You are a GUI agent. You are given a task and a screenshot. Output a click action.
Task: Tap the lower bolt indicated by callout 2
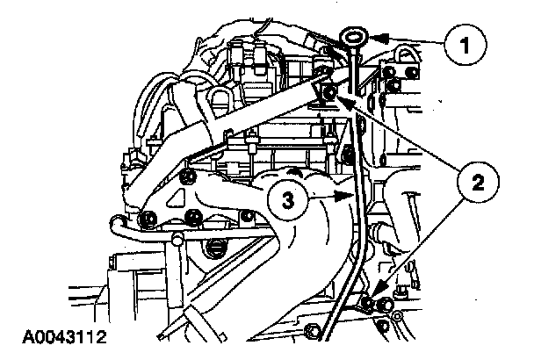(x=369, y=305)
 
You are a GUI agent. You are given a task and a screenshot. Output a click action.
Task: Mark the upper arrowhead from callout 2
(x=346, y=103)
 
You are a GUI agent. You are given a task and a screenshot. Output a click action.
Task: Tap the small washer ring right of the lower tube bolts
(x=398, y=314)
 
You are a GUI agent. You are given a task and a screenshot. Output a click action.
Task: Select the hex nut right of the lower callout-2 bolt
(x=384, y=307)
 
